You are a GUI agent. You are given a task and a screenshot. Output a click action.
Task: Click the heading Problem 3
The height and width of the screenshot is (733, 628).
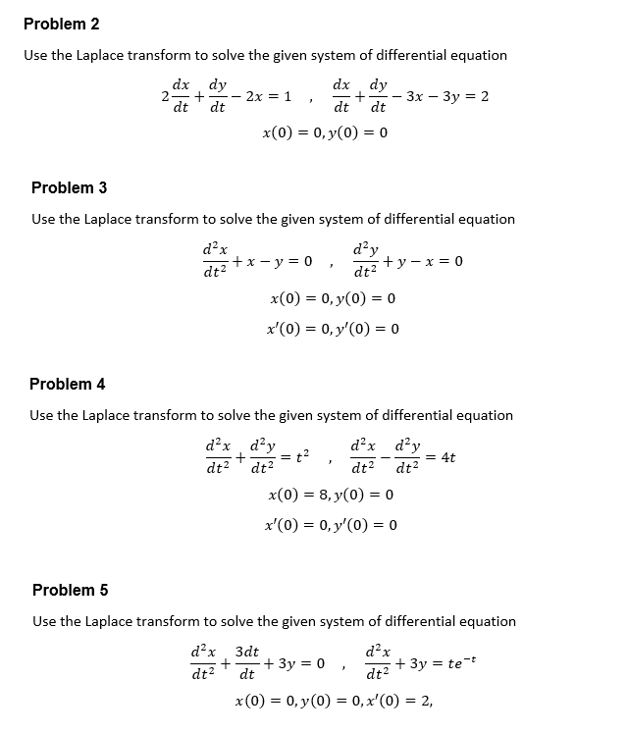(x=69, y=187)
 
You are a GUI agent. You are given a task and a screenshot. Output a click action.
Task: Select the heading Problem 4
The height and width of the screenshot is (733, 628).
(x=67, y=384)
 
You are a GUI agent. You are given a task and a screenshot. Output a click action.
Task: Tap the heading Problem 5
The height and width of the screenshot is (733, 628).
(x=70, y=590)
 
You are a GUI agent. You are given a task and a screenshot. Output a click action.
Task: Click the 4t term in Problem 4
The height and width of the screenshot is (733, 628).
(x=448, y=457)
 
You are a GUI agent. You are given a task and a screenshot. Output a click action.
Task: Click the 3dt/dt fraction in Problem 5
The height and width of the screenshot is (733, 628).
(x=247, y=660)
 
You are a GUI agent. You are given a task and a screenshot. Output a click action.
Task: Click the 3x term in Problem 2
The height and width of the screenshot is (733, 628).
(x=412, y=97)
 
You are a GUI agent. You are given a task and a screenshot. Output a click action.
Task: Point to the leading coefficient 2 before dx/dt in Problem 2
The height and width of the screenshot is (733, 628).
(x=165, y=97)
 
